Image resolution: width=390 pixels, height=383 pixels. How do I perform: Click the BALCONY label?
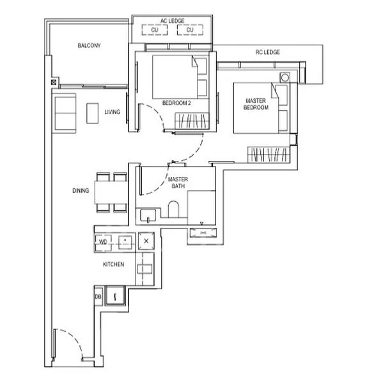(89, 45)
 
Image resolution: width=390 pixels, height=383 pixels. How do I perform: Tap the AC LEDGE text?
(172, 21)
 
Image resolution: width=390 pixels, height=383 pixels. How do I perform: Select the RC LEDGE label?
(268, 52)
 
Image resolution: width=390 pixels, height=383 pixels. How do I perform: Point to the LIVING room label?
(112, 112)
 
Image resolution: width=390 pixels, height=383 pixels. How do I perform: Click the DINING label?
(81, 190)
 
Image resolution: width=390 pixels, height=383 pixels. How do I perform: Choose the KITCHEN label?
(113, 264)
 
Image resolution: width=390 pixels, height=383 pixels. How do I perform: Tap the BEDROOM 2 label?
(176, 103)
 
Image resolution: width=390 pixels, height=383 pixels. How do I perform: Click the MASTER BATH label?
(178, 183)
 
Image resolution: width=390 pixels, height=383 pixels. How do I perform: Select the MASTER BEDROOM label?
(256, 104)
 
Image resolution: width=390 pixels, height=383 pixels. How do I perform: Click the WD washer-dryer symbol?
(103, 242)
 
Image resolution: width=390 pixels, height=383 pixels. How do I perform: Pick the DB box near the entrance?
(98, 297)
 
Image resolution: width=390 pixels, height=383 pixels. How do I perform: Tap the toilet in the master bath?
(173, 209)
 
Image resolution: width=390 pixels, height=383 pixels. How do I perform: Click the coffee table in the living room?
(93, 113)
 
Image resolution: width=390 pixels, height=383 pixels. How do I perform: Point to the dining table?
(111, 193)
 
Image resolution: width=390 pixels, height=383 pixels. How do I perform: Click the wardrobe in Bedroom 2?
(192, 121)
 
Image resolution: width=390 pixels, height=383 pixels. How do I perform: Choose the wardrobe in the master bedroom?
(269, 154)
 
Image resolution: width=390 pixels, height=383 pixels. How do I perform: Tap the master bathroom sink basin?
(148, 215)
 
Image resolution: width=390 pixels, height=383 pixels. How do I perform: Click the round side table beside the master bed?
(285, 77)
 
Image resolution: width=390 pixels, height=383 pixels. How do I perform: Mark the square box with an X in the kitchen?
(146, 241)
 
